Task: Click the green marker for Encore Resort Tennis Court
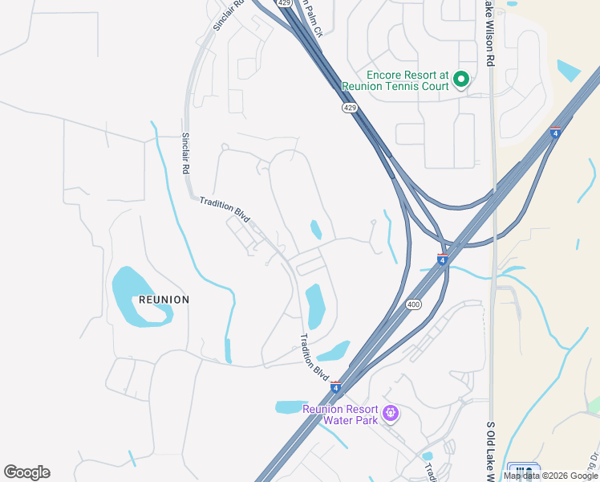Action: click(461, 79)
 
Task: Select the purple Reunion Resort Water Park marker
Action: click(391, 414)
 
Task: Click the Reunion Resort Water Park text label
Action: click(340, 414)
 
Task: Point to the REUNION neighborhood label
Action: click(164, 300)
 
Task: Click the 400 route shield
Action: click(413, 304)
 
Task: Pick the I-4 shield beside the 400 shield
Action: click(442, 258)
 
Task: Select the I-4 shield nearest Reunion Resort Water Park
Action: click(335, 387)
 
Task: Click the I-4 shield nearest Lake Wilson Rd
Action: click(555, 131)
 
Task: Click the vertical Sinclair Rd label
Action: click(185, 153)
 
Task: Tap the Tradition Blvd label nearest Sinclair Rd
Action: click(225, 208)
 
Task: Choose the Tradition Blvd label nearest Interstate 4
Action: click(314, 357)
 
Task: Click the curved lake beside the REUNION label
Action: click(136, 297)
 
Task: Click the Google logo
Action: click(26, 472)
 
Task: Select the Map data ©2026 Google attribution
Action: click(551, 476)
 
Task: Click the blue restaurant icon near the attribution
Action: click(525, 472)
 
